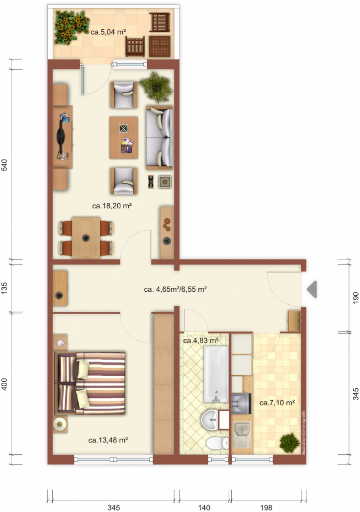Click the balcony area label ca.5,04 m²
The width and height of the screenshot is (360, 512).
pyautogui.click(x=108, y=32)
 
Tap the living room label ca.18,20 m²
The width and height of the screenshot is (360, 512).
pyautogui.click(x=112, y=206)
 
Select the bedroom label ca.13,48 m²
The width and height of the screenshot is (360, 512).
pyautogui.click(x=108, y=440)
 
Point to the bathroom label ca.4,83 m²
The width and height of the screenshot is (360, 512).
pyautogui.click(x=201, y=341)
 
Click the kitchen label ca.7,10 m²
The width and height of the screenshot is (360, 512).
pyautogui.click(x=277, y=403)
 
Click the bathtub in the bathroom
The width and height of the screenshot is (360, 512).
pyautogui.click(x=216, y=374)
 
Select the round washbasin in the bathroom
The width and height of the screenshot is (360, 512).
pyautogui.click(x=211, y=420)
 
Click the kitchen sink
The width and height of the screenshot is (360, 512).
pyautogui.click(x=242, y=435)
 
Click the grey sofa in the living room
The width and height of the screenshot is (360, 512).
pyautogui.click(x=159, y=138)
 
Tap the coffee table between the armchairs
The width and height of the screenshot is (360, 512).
pyautogui.click(x=123, y=138)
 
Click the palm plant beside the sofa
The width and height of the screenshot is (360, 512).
pyautogui.click(x=156, y=86)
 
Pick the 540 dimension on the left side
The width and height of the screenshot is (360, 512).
pyautogui.click(x=4, y=165)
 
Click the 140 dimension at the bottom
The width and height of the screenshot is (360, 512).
pyautogui.click(x=204, y=508)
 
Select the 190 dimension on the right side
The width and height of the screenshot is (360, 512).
pyautogui.click(x=356, y=297)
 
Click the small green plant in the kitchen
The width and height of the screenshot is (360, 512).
pyautogui.click(x=289, y=443)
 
